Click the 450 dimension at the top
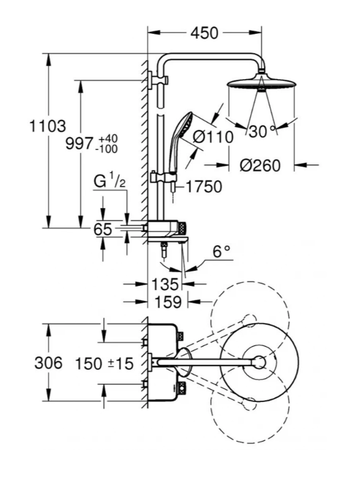coord(205,33)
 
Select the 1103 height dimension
coord(47,126)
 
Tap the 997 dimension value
coord(80,144)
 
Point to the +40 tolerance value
coord(108,139)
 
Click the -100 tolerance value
coord(108,149)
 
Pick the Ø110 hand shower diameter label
coord(213,137)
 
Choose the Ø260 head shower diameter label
coord(260,165)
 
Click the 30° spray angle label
coord(262,131)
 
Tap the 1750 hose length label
coord(203,187)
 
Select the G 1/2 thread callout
coord(110,181)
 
